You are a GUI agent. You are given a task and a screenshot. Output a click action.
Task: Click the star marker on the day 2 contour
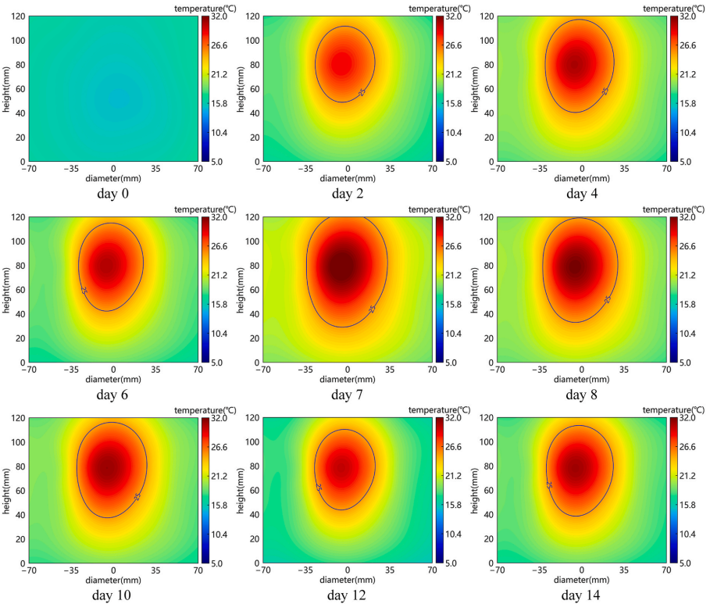pyautogui.click(x=362, y=93)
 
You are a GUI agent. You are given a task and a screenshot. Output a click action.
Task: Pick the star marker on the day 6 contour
pyautogui.click(x=84, y=291)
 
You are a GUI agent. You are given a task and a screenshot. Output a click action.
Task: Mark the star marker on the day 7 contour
pyautogui.click(x=372, y=309)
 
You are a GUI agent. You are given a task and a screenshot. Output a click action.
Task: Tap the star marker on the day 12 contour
pyautogui.click(x=319, y=487)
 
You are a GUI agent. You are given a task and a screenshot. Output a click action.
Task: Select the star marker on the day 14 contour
pyautogui.click(x=549, y=484)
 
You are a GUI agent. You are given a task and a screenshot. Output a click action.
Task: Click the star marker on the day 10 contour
pyautogui.click(x=137, y=497)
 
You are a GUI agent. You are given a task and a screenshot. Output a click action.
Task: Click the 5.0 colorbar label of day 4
pyautogui.click(x=688, y=162)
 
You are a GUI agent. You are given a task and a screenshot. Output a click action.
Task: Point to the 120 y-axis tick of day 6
pyautogui.click(x=18, y=218)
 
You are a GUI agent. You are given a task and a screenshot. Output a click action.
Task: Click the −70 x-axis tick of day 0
pyautogui.click(x=29, y=168)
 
